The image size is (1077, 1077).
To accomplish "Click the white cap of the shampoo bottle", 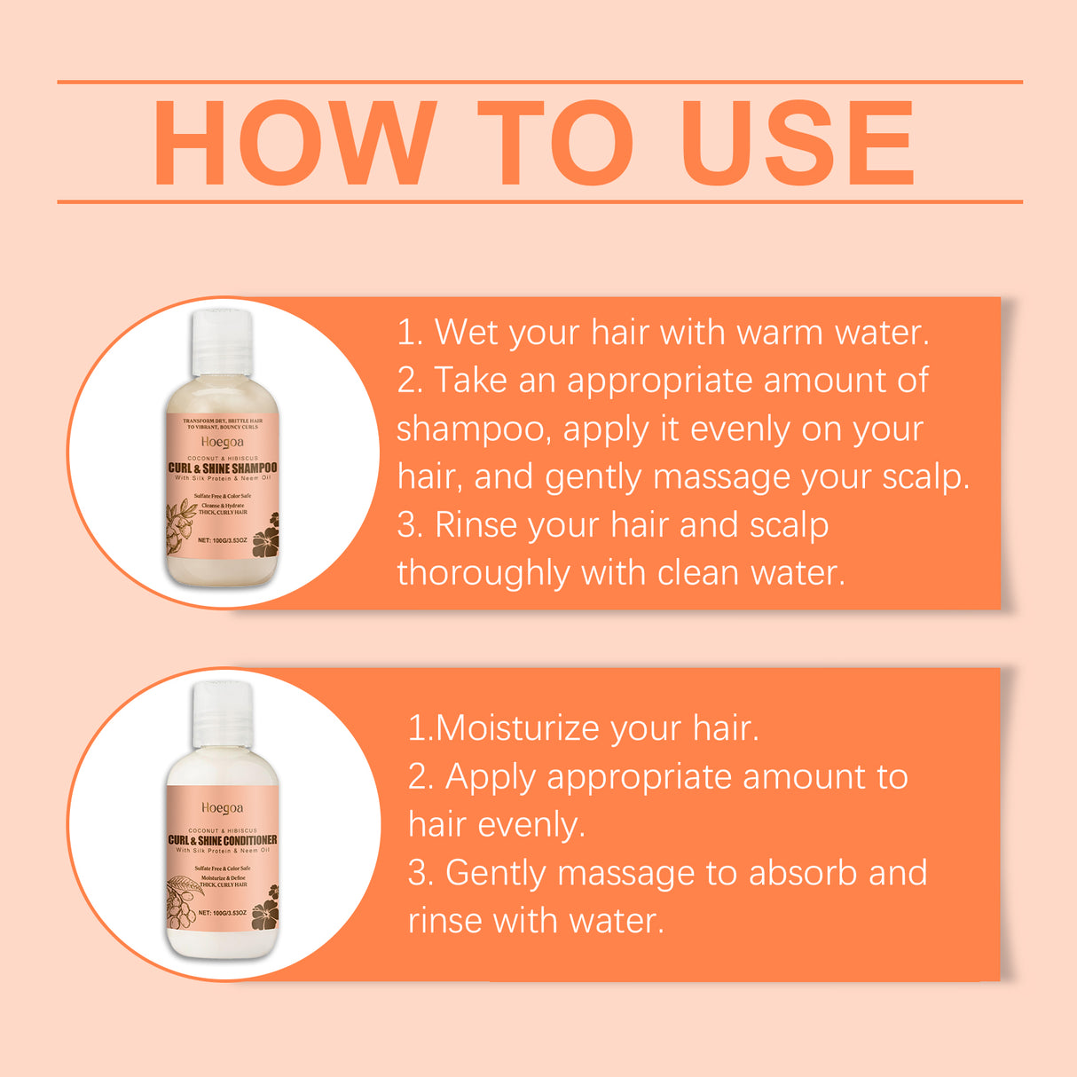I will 222,342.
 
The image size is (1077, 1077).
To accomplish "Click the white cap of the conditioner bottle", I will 223,714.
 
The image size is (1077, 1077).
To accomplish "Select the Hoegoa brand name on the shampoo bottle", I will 222,442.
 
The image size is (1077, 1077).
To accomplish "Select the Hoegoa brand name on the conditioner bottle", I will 222,808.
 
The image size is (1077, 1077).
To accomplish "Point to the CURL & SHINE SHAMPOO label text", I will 223,468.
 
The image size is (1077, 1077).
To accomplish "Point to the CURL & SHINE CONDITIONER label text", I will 223,840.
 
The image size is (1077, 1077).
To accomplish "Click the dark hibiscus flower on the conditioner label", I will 265,915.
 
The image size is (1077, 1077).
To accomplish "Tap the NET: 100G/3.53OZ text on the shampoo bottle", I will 223,540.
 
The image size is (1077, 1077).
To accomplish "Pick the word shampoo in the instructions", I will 469,429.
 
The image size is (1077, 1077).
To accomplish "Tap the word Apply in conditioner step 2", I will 490,777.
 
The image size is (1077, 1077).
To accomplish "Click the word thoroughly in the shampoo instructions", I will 483,573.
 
